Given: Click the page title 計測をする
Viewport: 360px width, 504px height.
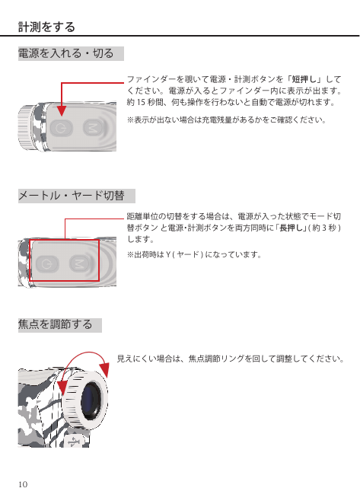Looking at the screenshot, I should pyautogui.click(x=46, y=28).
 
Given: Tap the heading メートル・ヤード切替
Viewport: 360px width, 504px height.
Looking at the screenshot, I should pyautogui.click(x=71, y=196).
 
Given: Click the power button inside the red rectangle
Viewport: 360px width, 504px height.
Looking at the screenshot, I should pyautogui.click(x=48, y=263).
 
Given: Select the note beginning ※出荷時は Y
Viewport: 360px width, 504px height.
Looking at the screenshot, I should pyautogui.click(x=194, y=254).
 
